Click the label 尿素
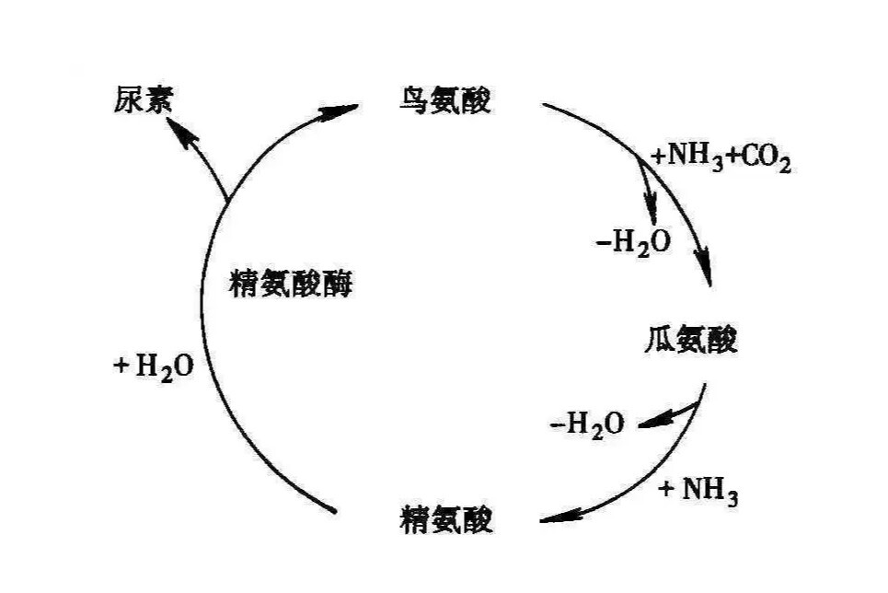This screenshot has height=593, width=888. click(x=141, y=99)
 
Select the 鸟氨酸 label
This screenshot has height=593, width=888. click(x=445, y=99)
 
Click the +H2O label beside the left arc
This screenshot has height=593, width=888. click(x=154, y=366)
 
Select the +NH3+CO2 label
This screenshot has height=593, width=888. click(x=721, y=157)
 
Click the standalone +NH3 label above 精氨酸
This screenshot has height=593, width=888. click(x=698, y=490)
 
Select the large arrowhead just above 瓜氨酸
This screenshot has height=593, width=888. click(x=707, y=273)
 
